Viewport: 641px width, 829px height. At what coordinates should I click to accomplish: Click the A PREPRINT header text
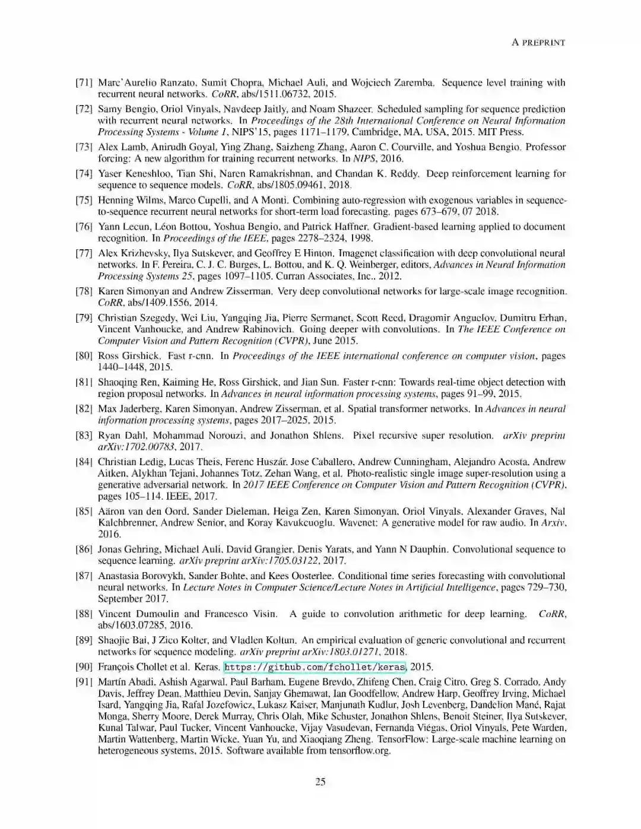[538, 42]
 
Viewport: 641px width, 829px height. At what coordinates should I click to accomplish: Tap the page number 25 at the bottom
[320, 782]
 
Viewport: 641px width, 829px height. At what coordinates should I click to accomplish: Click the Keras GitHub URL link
[315, 667]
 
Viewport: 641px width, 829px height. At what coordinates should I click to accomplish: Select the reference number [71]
[84, 82]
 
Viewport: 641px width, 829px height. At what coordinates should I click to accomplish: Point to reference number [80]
[84, 356]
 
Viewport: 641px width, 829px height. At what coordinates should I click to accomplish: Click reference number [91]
[84, 682]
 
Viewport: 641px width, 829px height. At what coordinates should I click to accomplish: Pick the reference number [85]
[84, 511]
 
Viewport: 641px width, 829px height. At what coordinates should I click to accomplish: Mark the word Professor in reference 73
[545, 147]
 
